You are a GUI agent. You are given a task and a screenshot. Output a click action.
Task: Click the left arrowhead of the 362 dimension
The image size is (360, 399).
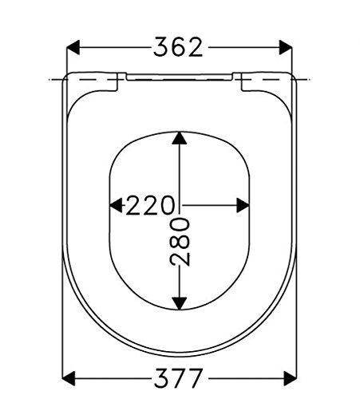pyautogui.click(x=73, y=48)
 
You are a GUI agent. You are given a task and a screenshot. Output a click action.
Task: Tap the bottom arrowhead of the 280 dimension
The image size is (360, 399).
pyautogui.click(x=180, y=302)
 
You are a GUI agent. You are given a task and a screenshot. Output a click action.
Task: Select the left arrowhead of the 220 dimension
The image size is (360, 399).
pyautogui.click(x=114, y=205)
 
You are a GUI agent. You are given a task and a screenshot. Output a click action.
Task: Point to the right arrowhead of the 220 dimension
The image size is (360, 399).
pyautogui.click(x=244, y=205)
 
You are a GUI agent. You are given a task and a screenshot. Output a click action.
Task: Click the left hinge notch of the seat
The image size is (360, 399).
pyautogui.click(x=122, y=77)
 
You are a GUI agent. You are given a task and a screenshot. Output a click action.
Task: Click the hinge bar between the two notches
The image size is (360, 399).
pyautogui.click(x=180, y=77)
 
